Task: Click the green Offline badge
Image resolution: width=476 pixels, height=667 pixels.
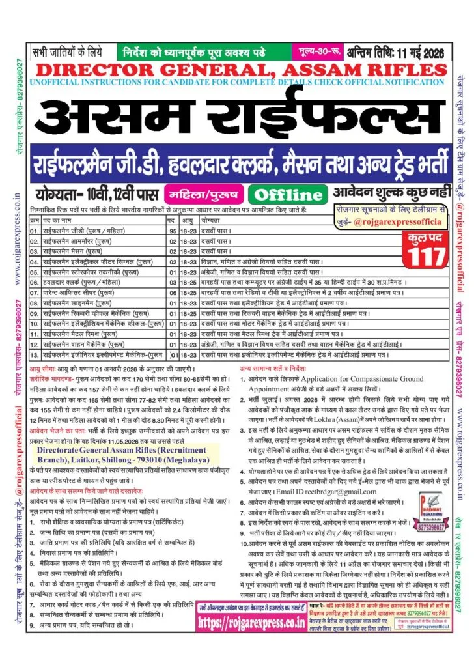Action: click(x=288, y=193)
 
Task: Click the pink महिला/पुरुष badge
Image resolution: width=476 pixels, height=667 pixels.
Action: click(x=203, y=193)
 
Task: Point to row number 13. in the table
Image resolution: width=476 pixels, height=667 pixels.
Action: click(x=36, y=357)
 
